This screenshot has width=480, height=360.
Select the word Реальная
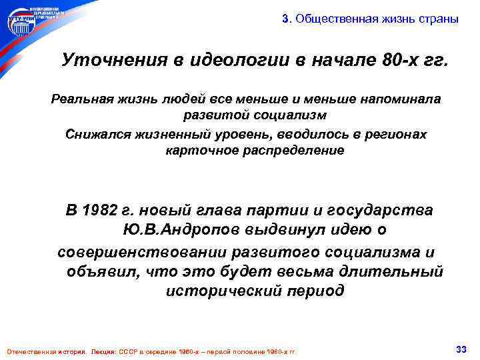click(81, 99)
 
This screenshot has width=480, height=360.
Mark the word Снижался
click(97, 134)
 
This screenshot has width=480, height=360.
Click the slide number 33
click(459, 349)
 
